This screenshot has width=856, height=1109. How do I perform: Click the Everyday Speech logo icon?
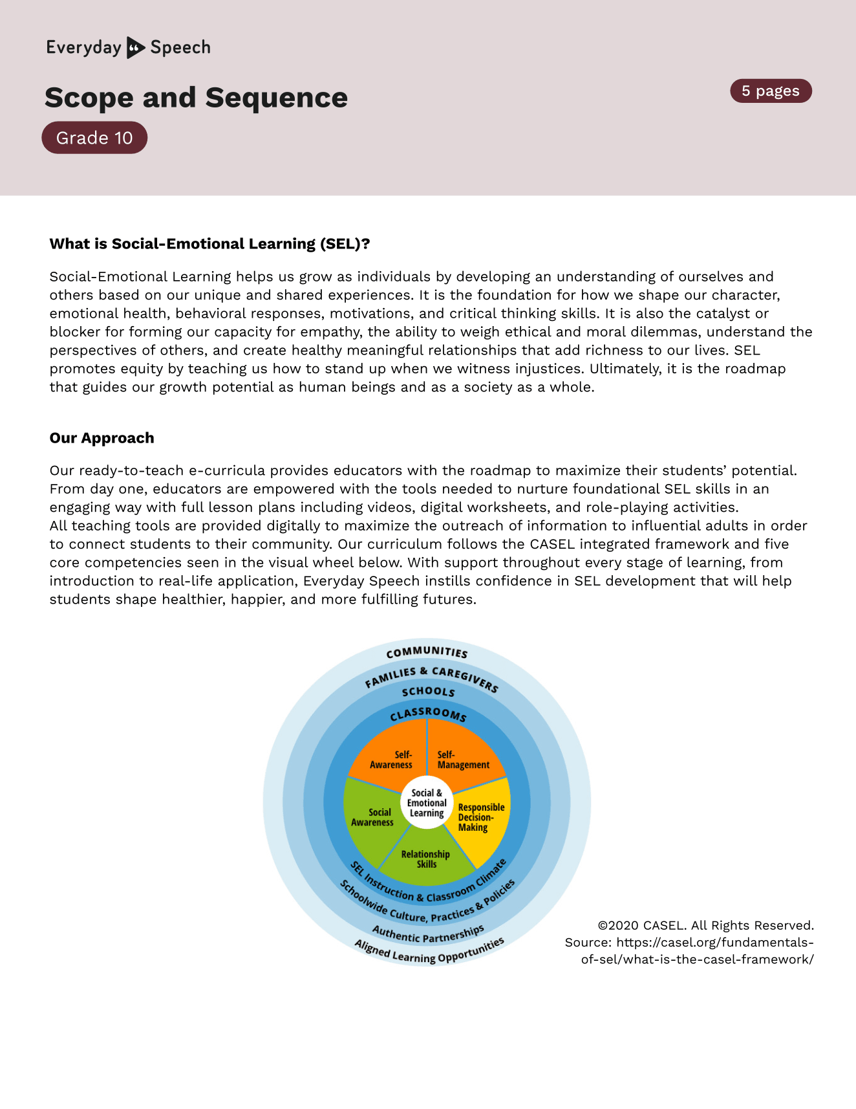click(135, 47)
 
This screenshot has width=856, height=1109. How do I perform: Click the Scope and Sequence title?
click(196, 98)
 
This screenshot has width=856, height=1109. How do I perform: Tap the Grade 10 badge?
click(94, 138)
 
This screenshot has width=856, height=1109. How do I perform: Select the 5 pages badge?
click(771, 91)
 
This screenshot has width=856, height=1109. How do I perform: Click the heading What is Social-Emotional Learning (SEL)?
click(209, 244)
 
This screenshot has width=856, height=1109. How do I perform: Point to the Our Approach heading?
click(102, 438)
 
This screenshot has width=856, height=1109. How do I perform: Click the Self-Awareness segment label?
click(391, 760)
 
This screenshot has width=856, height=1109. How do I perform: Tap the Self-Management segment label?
click(463, 760)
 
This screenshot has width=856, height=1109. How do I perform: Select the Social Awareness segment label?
click(372, 817)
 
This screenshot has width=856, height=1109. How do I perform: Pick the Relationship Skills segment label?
click(425, 859)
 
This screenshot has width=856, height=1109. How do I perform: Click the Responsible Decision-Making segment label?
click(480, 817)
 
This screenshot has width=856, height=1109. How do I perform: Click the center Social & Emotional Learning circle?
click(427, 803)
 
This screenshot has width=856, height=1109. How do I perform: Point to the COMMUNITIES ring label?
click(427, 652)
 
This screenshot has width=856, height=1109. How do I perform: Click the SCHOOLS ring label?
click(428, 692)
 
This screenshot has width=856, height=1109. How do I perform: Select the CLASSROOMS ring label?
click(428, 714)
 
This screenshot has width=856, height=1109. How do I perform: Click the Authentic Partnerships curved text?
click(428, 934)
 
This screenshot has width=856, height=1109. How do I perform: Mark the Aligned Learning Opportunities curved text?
click(429, 952)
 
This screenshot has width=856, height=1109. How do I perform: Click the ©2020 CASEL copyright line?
click(705, 925)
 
